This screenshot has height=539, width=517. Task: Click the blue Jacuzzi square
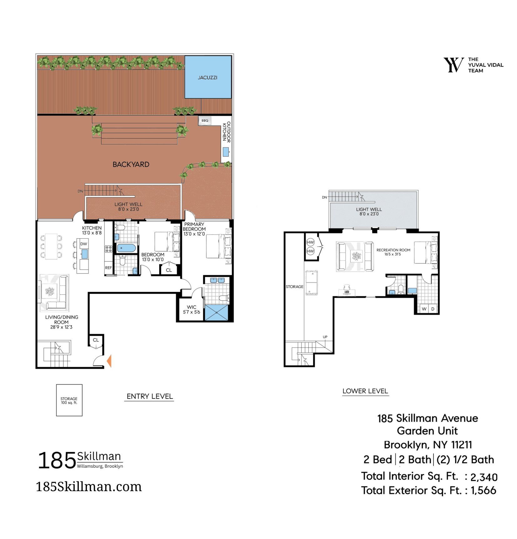tap(208, 77)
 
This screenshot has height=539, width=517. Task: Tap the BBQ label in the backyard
tap(205, 120)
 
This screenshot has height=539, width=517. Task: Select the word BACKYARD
tap(131, 165)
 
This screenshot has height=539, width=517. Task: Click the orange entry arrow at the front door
tap(109, 361)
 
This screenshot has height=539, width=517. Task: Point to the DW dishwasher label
tap(84, 244)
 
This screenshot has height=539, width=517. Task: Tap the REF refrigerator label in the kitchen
tap(109, 268)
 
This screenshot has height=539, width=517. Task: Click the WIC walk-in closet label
tap(191, 307)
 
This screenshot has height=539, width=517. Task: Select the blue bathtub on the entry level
tap(126, 248)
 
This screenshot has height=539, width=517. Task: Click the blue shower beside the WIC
tap(216, 313)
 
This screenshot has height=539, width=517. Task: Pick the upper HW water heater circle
tap(310, 242)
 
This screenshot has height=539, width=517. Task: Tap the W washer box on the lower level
tap(424, 309)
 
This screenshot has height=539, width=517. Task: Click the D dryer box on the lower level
tap(433, 309)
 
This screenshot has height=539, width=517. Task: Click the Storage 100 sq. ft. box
tap(69, 400)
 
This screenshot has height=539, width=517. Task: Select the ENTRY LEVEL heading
tap(150, 396)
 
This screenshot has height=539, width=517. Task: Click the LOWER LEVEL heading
tap(365, 391)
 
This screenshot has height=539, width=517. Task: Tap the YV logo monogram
tap(454, 65)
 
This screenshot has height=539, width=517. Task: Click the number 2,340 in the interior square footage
tap(484, 477)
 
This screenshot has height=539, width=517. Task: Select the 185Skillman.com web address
tap(89, 486)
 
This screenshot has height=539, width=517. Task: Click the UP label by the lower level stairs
tap(325, 337)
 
